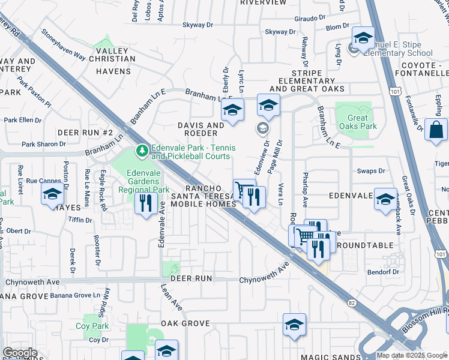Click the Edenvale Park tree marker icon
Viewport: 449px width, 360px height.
[142, 151]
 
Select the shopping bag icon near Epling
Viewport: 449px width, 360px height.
[436, 129]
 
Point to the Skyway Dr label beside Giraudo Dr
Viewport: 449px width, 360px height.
[280, 32]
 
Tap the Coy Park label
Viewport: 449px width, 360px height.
[92, 326]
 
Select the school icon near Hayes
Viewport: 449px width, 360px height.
[52, 194]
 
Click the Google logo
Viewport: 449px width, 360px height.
[20, 353]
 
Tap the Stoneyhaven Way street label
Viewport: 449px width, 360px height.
[63, 44]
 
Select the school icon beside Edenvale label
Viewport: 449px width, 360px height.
[385, 199]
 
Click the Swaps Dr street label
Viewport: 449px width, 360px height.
[371, 171]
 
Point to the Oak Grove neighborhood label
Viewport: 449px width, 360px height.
[186, 323]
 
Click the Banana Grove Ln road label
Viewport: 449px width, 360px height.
[75, 295]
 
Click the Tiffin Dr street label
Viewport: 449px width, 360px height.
[80, 220]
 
